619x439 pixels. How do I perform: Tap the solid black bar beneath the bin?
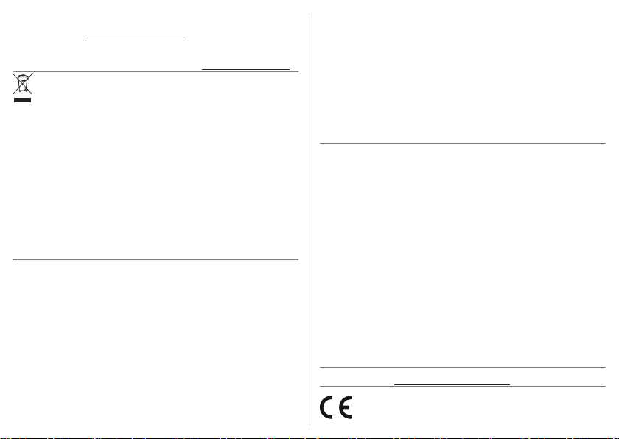coord(23,99)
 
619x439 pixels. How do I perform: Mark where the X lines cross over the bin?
coord(23,85)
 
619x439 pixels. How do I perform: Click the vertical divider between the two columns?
coord(309,221)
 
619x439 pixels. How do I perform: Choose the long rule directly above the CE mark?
coord(462,387)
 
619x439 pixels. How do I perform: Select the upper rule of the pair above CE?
coord(462,368)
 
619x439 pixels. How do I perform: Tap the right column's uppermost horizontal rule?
coord(462,144)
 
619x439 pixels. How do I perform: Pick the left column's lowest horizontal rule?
coord(155,259)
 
